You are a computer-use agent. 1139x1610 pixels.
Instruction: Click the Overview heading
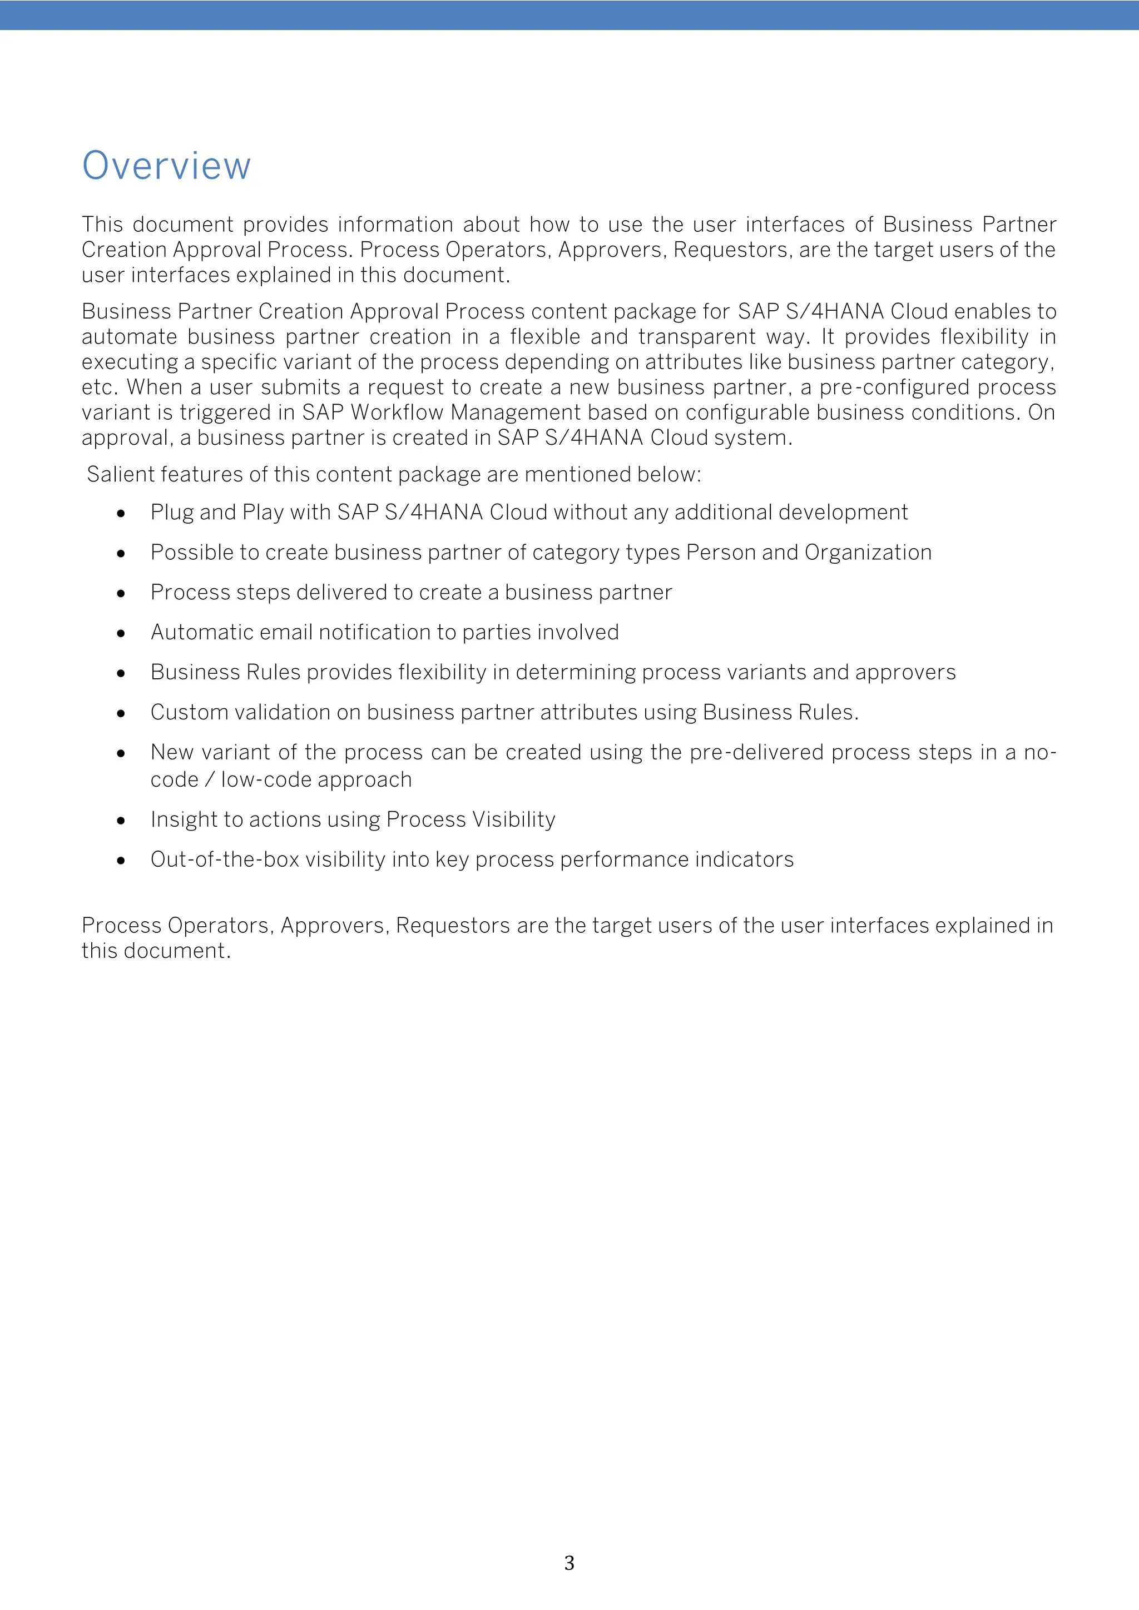[x=166, y=166]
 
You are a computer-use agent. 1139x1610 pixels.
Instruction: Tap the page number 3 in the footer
[x=569, y=1562]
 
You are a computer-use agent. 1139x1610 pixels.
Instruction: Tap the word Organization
[x=868, y=553]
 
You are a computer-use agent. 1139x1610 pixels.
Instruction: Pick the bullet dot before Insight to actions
[x=121, y=821]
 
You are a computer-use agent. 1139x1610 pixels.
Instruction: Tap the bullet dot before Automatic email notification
[x=121, y=634]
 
